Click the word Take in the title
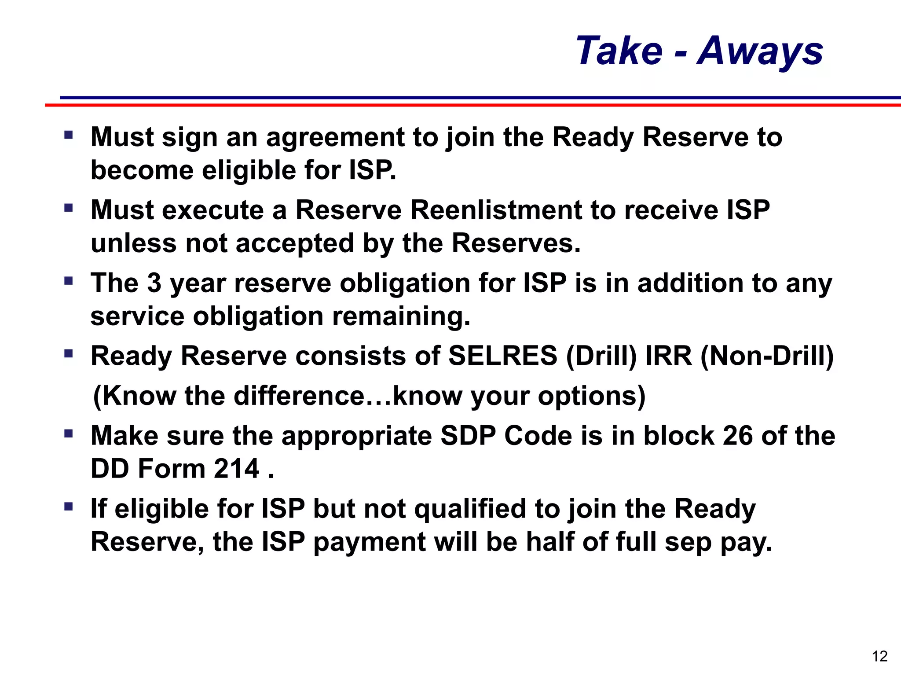click(619, 51)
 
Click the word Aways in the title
click(760, 51)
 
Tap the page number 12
click(879, 656)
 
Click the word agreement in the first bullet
click(335, 137)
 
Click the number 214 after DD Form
click(237, 469)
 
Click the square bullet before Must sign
click(68, 134)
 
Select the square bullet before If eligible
click(68, 507)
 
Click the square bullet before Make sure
click(68, 434)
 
